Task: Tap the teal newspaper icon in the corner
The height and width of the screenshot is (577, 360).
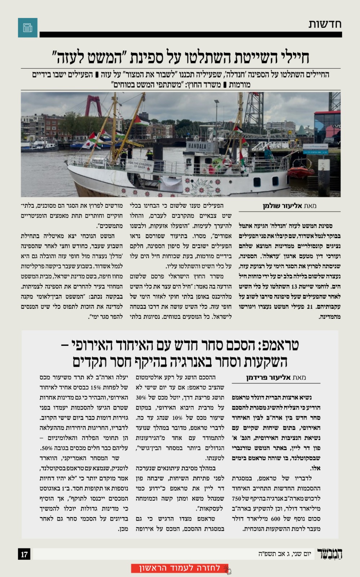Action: click(28, 28)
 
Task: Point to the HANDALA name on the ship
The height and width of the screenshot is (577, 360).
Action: click(197, 146)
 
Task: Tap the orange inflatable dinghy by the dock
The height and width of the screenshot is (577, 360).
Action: click(300, 172)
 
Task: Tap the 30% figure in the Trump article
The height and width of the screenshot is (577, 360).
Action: click(141, 397)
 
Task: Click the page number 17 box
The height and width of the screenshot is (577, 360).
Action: click(25, 554)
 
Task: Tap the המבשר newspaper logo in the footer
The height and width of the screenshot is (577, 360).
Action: click(329, 554)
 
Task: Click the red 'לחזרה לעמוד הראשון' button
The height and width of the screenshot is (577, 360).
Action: click(180, 568)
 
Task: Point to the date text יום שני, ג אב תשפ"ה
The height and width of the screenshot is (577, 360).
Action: click(284, 554)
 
